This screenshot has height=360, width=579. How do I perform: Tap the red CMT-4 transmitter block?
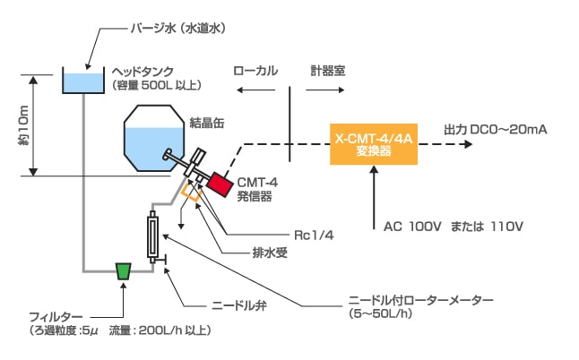point(219,184)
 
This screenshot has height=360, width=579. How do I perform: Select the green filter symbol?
point(124,270)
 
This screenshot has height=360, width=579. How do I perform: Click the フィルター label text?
point(56,318)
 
